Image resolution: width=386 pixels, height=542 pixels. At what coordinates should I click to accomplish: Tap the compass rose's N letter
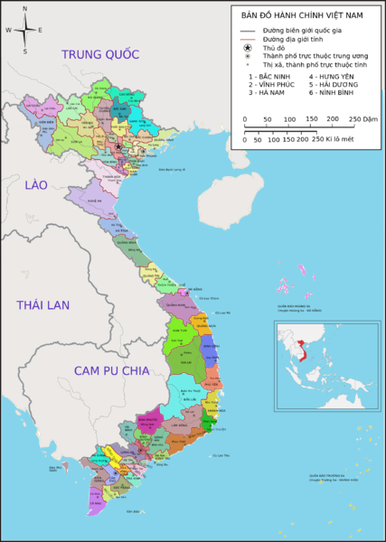(x=25, y=8)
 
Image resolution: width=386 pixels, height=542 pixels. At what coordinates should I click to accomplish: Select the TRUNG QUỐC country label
(x=100, y=55)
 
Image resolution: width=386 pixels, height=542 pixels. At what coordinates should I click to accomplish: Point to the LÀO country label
(x=35, y=185)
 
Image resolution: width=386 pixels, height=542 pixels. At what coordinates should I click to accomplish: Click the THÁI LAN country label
(x=42, y=305)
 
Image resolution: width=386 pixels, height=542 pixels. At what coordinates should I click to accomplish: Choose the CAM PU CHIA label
(x=111, y=371)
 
